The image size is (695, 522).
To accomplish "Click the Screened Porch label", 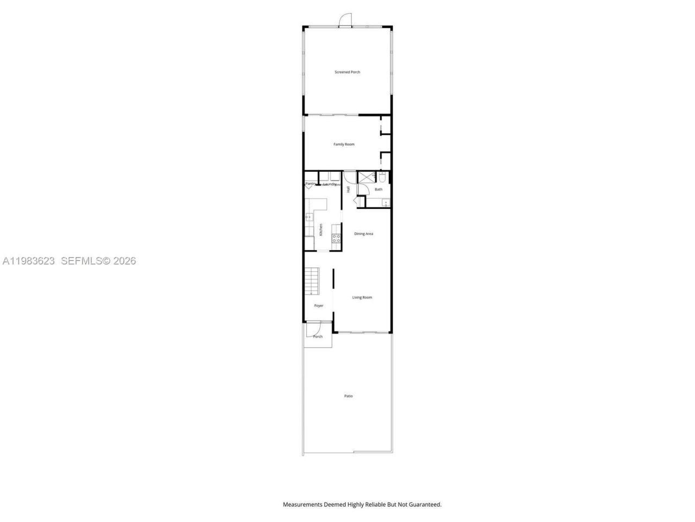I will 347,72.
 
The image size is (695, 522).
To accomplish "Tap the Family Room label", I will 344,144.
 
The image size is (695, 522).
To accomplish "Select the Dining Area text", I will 363,234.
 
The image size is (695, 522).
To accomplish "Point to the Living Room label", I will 362,297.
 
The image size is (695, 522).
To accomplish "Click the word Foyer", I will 319,306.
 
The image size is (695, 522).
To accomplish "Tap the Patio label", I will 348,396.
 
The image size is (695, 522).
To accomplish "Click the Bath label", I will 378,189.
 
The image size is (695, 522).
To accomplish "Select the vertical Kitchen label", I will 321,229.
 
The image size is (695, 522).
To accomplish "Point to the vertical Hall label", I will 348,189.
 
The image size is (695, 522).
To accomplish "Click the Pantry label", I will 310,184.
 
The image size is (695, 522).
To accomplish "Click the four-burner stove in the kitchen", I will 337,238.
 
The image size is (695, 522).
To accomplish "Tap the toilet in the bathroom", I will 382,178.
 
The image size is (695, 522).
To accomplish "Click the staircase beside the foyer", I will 312,281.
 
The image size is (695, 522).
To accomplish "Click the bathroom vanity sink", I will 385,203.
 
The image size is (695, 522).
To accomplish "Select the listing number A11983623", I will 29,261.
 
